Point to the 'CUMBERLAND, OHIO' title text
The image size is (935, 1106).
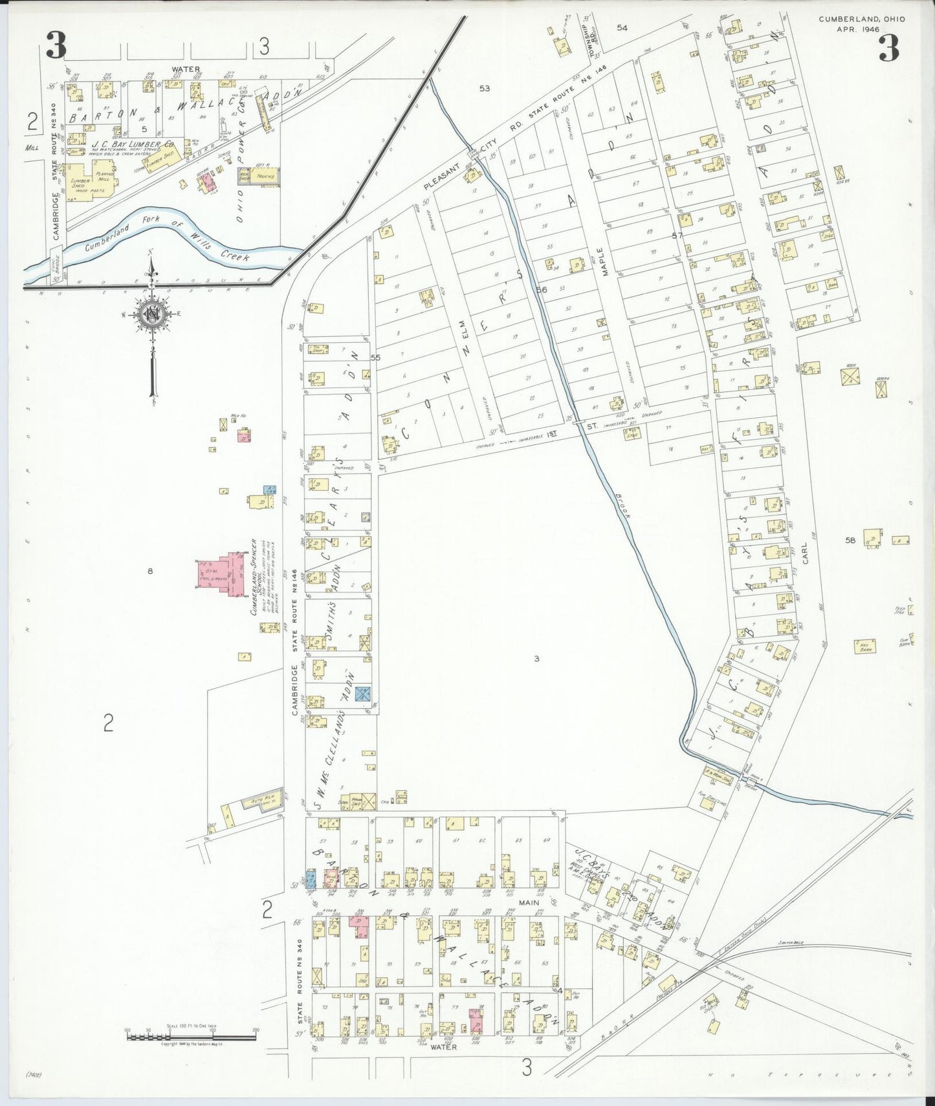click(x=861, y=19)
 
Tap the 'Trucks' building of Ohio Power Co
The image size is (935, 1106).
click(x=265, y=177)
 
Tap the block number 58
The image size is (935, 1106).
click(x=850, y=539)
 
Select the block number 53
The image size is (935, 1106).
click(x=484, y=88)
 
